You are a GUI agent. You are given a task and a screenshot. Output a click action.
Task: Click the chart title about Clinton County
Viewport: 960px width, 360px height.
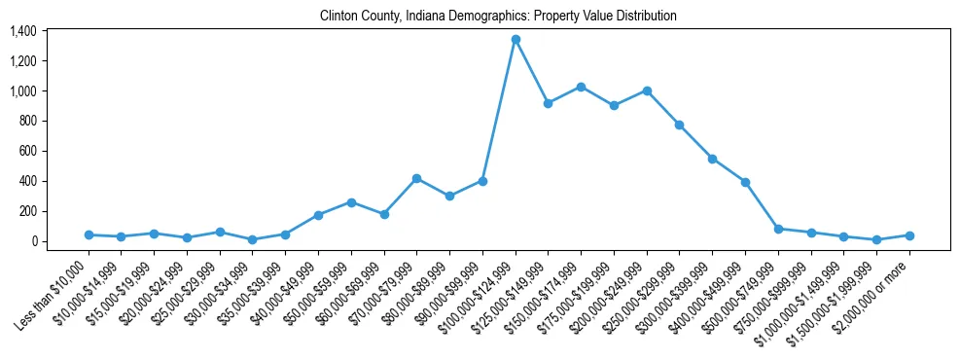coord(498,17)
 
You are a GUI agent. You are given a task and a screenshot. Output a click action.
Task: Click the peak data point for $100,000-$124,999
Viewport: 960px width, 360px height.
coord(516,40)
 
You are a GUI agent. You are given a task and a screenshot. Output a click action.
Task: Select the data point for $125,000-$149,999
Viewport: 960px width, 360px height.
coord(549,103)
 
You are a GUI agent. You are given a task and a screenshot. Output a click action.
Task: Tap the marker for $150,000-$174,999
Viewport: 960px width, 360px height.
coord(581,87)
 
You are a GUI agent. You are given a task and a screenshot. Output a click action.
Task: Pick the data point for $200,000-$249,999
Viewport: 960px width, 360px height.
coord(647,90)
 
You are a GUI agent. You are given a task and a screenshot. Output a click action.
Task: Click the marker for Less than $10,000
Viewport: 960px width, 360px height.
coord(89,234)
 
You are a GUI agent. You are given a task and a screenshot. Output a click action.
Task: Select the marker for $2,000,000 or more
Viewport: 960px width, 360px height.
coord(909,235)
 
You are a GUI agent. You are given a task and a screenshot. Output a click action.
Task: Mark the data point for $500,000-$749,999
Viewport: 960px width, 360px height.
coord(778,229)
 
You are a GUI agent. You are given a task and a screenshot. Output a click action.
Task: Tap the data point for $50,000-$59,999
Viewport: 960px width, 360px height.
coord(351,202)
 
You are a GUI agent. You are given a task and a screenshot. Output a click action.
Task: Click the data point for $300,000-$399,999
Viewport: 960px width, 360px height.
coord(712,159)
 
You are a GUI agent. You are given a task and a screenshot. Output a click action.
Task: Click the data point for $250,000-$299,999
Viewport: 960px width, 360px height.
coord(680,125)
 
